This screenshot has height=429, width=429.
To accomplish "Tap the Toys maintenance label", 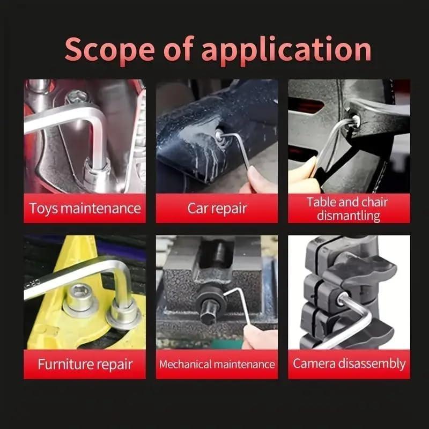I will tap(85, 208).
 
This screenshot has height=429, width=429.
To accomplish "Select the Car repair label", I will tap(217, 208).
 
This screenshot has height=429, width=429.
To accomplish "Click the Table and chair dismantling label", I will tap(349, 209).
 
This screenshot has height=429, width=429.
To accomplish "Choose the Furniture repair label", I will tap(85, 364).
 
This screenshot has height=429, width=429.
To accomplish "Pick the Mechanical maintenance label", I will tap(217, 364).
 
